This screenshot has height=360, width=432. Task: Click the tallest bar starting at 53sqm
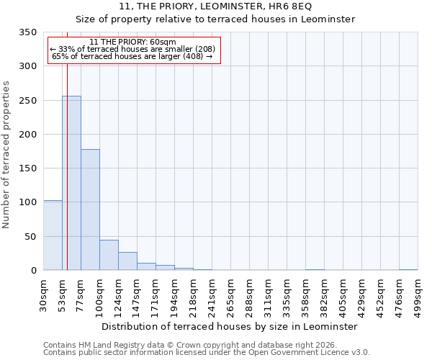pos(71,183)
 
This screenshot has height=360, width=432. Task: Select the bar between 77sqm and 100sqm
pos(90,210)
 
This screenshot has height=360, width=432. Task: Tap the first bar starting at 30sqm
pos(53,235)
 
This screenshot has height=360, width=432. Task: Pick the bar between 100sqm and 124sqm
pos(109,255)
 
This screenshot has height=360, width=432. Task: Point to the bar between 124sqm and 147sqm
pos(127,261)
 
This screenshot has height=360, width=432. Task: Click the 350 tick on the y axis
pos(28,32)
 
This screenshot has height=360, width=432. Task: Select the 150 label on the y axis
pos(28,168)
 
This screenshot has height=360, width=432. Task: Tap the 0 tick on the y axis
pos(33,271)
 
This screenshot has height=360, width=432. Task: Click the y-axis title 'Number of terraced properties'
pos(7,155)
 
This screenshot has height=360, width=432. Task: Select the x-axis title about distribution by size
pos(229,326)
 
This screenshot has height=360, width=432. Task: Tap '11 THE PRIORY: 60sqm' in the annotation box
pos(134,42)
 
